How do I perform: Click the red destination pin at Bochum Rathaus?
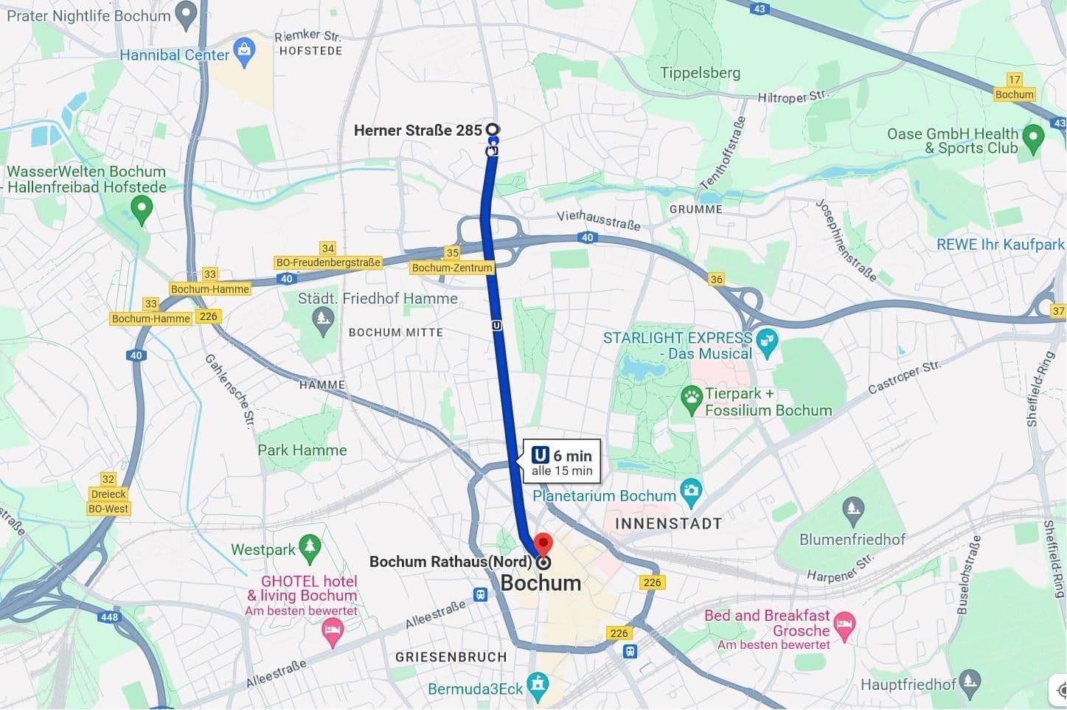click(x=543, y=545)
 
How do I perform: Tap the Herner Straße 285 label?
click(x=417, y=130)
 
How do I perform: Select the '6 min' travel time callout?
click(x=562, y=462)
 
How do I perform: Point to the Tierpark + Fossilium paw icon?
click(x=691, y=399)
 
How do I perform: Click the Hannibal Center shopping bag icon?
click(x=244, y=51)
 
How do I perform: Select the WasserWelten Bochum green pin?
click(x=141, y=209)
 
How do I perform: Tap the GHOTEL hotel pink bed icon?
click(x=333, y=631)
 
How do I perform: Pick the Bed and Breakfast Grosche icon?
click(x=844, y=624)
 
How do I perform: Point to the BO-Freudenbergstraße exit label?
click(x=328, y=262)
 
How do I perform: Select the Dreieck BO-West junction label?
click(x=108, y=501)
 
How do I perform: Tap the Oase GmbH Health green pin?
click(x=1034, y=136)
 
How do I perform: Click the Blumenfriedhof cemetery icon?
click(x=852, y=509)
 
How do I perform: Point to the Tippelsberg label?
click(x=700, y=73)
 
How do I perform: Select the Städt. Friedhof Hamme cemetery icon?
click(x=322, y=320)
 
